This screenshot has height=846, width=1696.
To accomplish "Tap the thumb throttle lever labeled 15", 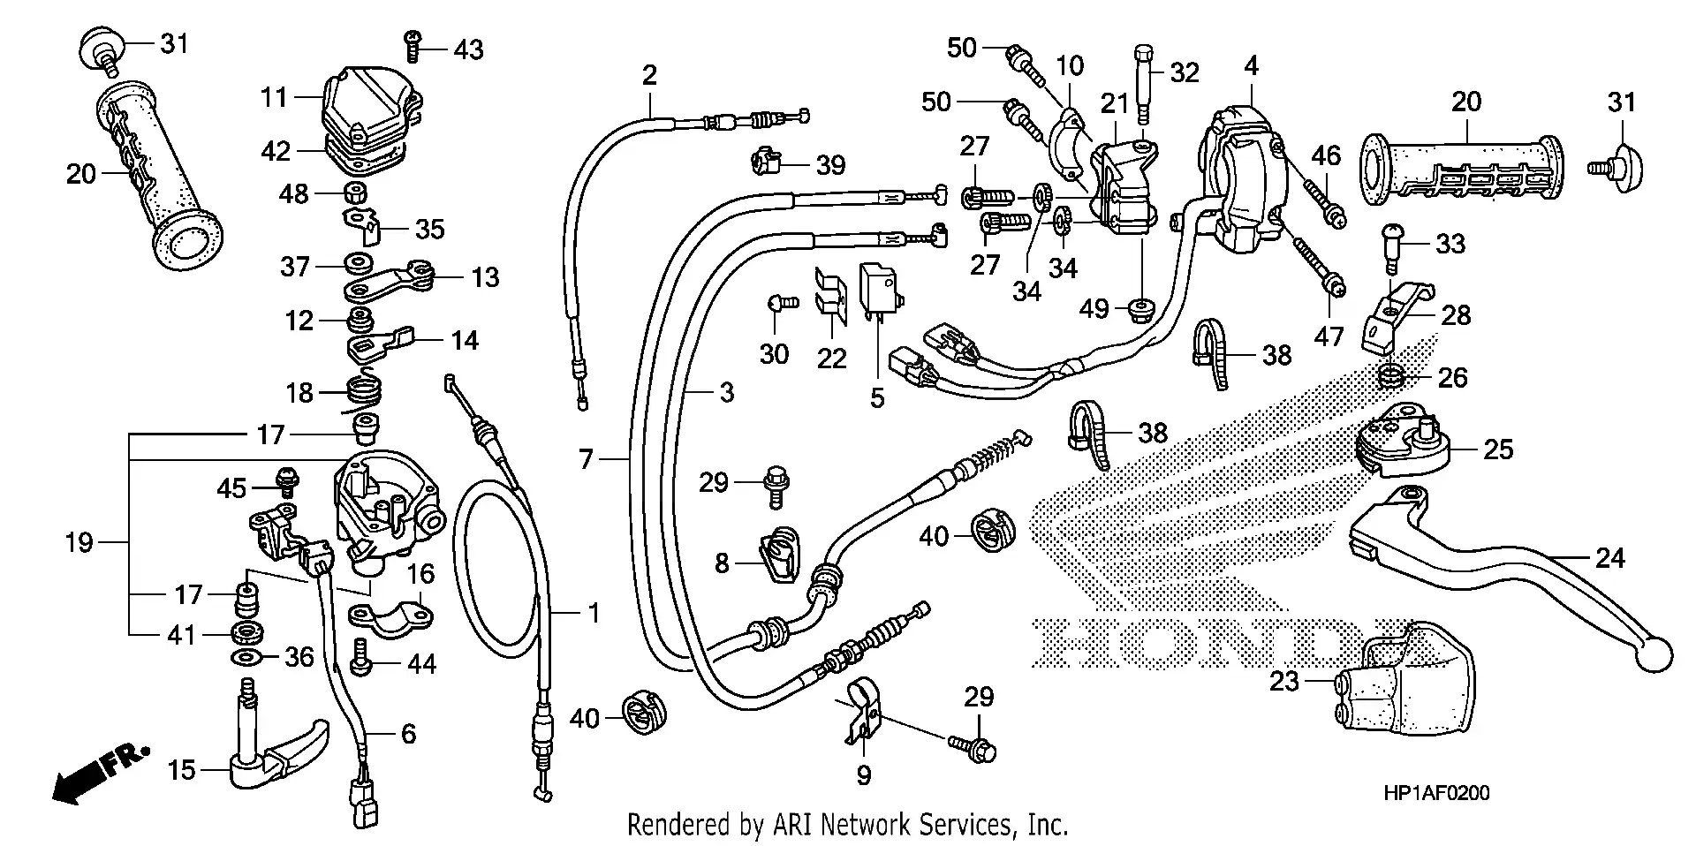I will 274,755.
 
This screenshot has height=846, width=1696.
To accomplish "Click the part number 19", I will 79,541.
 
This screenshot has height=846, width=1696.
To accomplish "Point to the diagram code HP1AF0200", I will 1436,793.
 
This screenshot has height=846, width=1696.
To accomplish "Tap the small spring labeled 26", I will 1390,378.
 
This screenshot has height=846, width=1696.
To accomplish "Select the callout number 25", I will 1498,449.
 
